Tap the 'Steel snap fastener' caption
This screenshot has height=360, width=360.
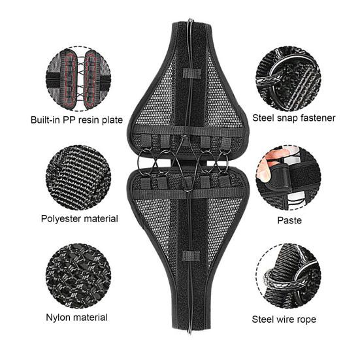point(295,118)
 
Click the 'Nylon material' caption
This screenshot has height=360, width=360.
point(76,318)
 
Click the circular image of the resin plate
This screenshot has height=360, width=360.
point(77,78)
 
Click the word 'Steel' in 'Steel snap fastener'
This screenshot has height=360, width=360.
point(266,118)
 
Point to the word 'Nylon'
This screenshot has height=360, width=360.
point(59,318)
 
